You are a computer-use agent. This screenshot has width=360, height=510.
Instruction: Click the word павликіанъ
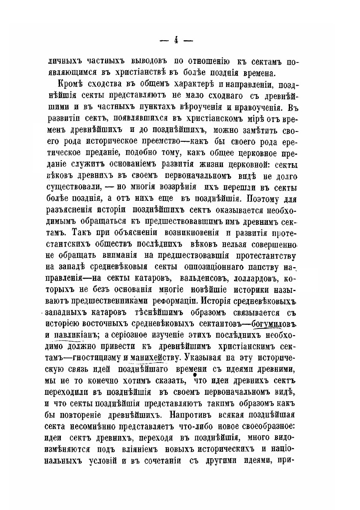(72, 335)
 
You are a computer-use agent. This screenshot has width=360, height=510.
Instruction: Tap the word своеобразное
(264, 425)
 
